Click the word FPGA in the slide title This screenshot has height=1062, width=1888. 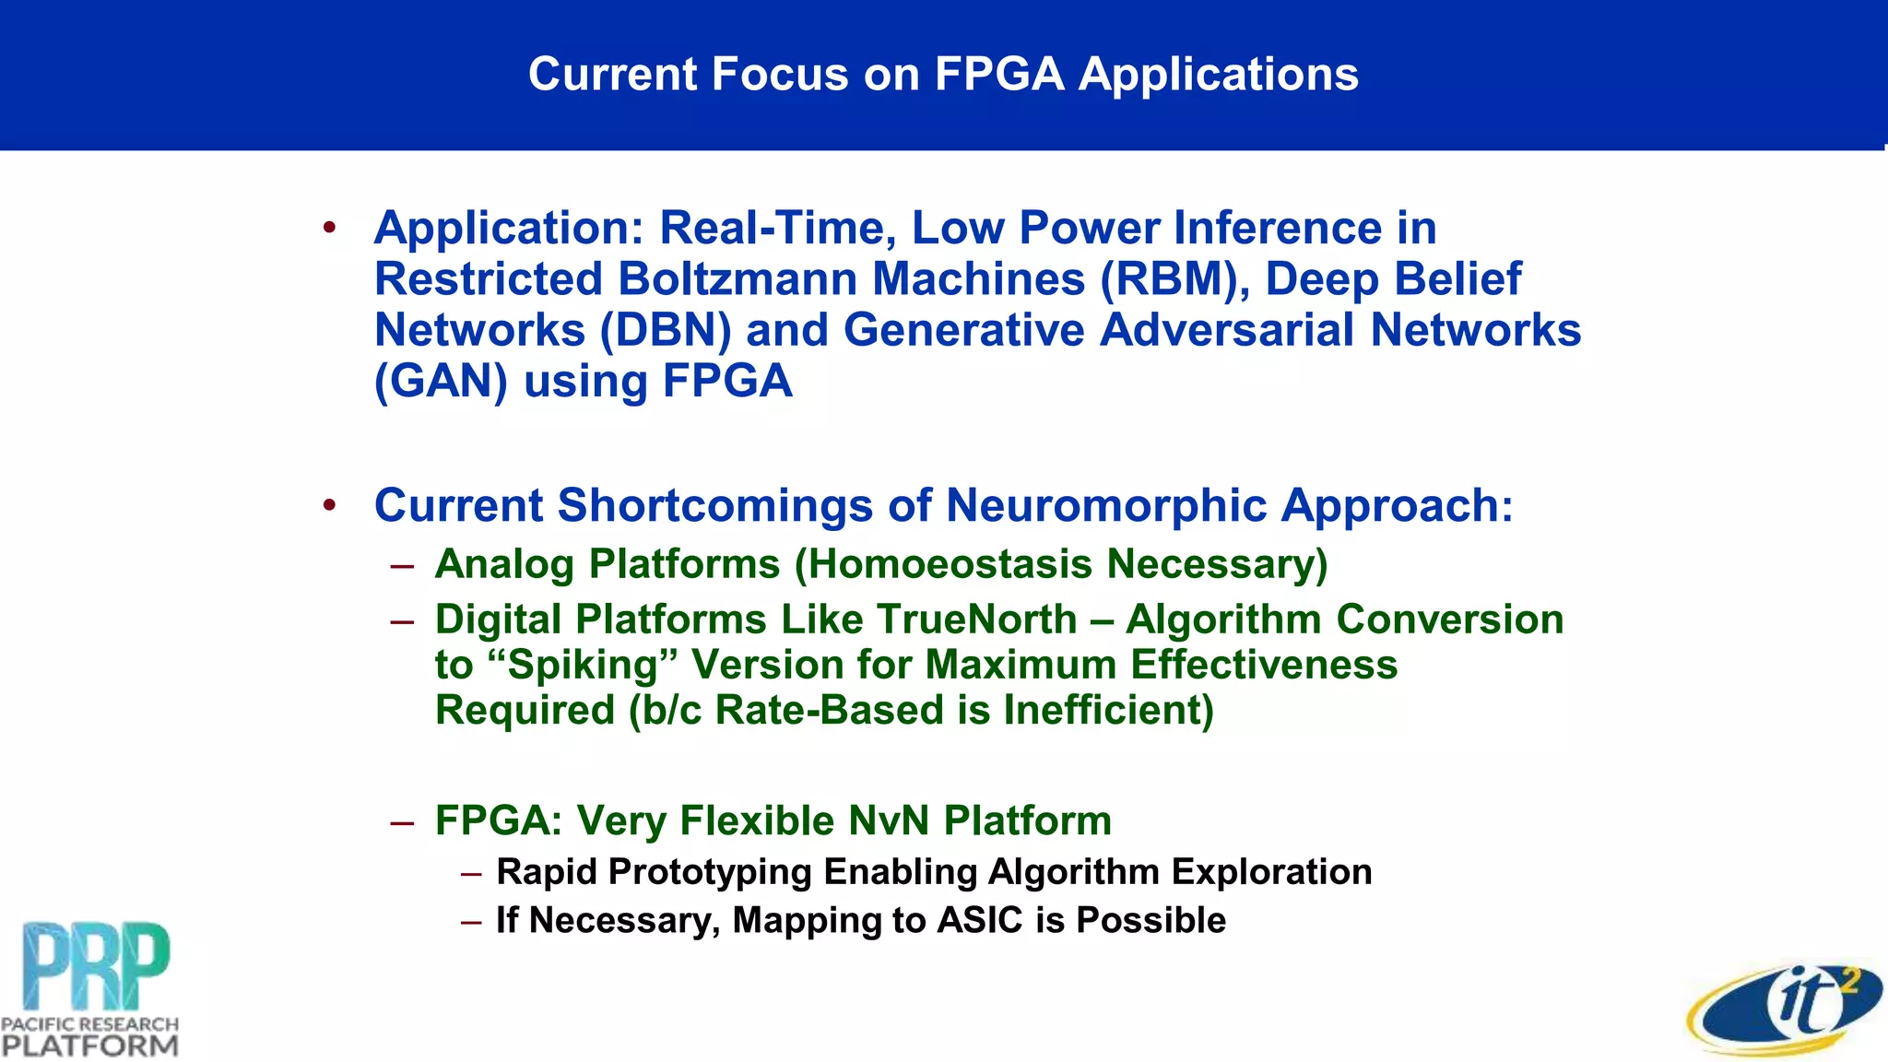pyautogui.click(x=999, y=75)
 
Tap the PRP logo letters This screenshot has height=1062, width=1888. pyautogui.click(x=96, y=965)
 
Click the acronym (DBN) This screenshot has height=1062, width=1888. pyautogui.click(x=665, y=330)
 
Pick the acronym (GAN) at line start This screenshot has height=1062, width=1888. pyautogui.click(x=441, y=382)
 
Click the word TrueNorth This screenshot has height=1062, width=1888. pyautogui.click(x=976, y=619)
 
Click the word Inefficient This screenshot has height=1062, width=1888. pyautogui.click(x=1107, y=710)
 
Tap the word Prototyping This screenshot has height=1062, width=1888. pyautogui.click(x=710, y=872)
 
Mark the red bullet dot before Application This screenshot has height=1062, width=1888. pyautogui.click(x=329, y=227)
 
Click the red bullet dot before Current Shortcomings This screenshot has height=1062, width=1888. pyautogui.click(x=329, y=504)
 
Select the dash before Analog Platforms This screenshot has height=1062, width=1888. pyautogui.click(x=401, y=565)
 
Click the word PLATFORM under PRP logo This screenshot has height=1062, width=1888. pyautogui.click(x=89, y=1045)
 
